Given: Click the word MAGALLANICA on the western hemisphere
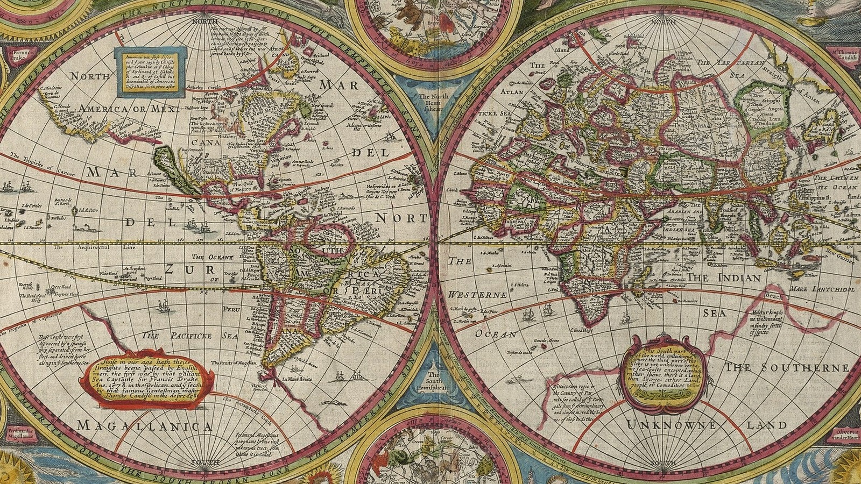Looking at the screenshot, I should [145, 426].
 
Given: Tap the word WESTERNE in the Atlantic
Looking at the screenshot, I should [477, 295].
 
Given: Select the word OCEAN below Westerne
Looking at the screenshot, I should [495, 334].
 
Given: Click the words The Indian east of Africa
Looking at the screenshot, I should [724, 278].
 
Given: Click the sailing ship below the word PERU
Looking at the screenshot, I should [163, 307].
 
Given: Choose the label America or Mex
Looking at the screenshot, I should [127, 109].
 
